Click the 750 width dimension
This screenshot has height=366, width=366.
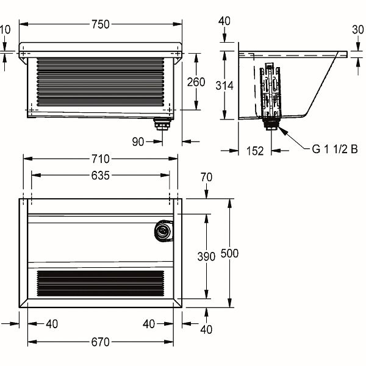(100, 24)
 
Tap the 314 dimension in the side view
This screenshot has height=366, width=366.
(224, 86)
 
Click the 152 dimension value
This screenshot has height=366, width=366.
(256, 151)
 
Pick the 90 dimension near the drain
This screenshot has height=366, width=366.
(138, 142)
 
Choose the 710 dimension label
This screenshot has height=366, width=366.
(100, 159)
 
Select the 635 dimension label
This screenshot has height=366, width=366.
(100, 176)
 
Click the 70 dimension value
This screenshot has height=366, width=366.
(206, 178)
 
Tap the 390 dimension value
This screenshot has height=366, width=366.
(206, 257)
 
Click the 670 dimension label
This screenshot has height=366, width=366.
(100, 342)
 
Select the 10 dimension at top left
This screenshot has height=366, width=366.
(5, 29)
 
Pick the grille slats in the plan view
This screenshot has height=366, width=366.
(101, 284)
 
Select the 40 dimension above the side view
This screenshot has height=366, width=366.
(224, 21)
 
